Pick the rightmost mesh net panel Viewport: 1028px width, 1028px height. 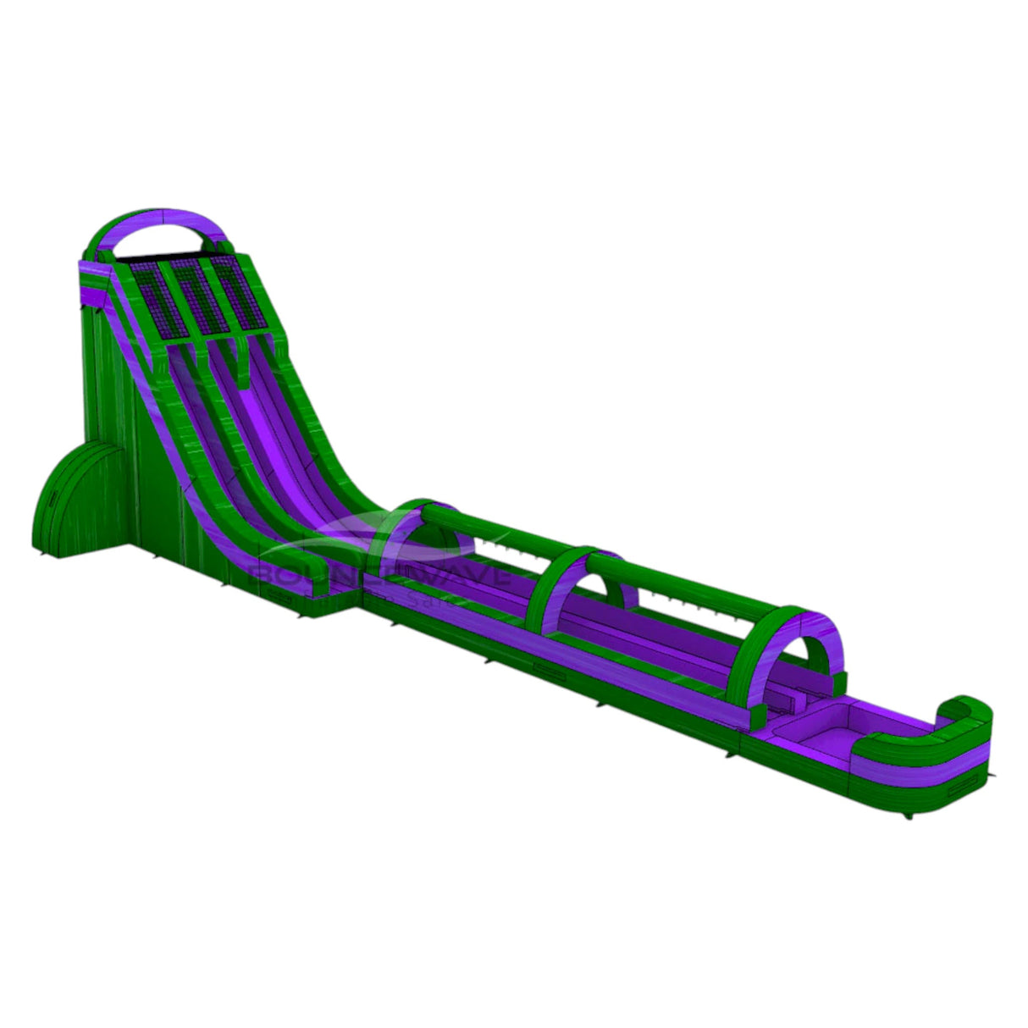pos(239,293)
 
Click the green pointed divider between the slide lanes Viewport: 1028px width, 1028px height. pos(206,356)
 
